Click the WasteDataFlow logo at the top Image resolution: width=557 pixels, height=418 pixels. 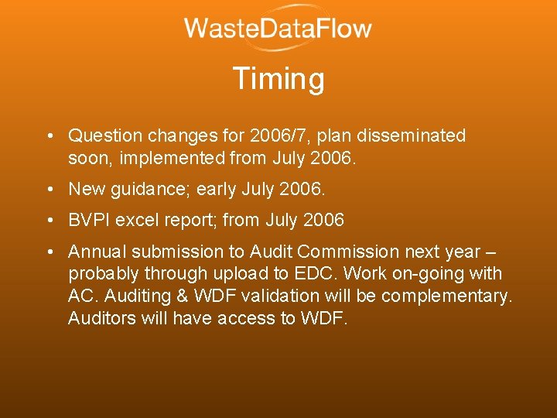pos(278,29)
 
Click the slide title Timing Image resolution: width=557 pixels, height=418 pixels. pos(278,79)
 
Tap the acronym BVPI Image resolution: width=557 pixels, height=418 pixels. pos(90,221)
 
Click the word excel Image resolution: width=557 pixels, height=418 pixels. pos(141,221)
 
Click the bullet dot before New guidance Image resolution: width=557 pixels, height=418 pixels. pos(49,190)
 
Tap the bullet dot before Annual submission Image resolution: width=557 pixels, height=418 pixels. pos(49,252)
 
